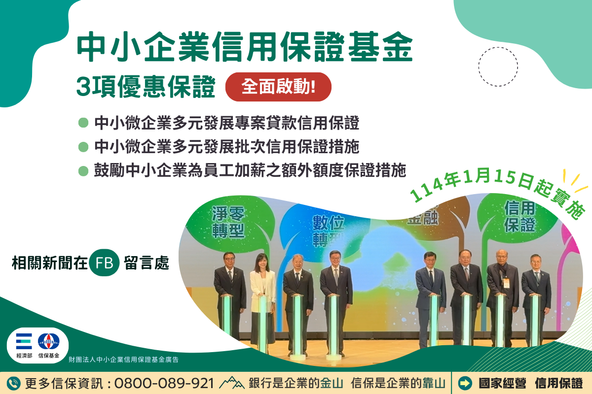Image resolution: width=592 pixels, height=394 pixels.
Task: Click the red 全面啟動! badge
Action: (x=278, y=87)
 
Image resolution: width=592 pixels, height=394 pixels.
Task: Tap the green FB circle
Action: (x=104, y=263)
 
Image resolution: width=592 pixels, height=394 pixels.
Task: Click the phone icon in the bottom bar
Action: (x=13, y=384)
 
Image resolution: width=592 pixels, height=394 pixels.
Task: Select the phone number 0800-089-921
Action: (x=164, y=384)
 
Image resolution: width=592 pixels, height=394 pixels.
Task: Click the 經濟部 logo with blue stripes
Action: (x=24, y=341)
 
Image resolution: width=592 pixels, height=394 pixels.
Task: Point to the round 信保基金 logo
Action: (x=49, y=341)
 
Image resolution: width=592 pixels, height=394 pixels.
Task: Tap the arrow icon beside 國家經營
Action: (x=465, y=384)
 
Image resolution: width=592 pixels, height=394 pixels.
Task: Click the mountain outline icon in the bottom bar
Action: (x=231, y=383)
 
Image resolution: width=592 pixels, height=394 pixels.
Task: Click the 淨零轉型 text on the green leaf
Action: (x=228, y=222)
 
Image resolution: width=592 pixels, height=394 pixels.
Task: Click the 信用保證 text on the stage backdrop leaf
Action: (x=519, y=216)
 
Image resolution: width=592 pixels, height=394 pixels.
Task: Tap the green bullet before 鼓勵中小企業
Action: (x=83, y=171)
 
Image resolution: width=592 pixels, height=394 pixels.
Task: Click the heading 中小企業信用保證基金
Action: (x=245, y=47)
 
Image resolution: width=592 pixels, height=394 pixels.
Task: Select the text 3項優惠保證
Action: (x=146, y=87)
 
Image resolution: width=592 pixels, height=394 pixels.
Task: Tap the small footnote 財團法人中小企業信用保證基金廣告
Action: (x=123, y=360)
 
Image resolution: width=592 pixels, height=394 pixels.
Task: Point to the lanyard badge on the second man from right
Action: (x=506, y=283)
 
